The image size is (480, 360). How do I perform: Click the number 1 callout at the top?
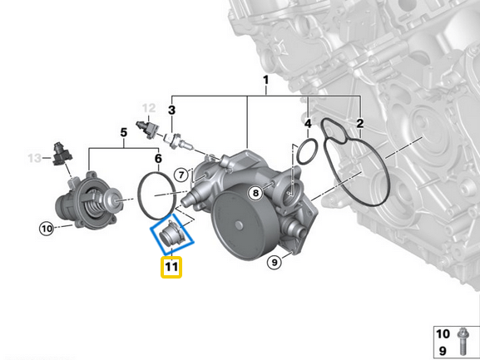pyautogui.click(x=265, y=81)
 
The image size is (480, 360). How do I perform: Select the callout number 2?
pyautogui.click(x=359, y=124)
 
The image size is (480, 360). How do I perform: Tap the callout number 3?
pyautogui.click(x=171, y=109)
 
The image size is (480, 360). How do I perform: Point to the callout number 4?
pyautogui.click(x=308, y=124)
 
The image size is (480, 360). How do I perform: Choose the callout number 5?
pyautogui.click(x=123, y=132)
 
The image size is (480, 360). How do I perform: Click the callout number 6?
pyautogui.click(x=158, y=158)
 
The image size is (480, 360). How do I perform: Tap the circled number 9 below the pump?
pyautogui.click(x=273, y=264)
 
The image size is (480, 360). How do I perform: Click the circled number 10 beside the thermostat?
pyautogui.click(x=46, y=227)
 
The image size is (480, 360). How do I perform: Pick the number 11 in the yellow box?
pyautogui.click(x=171, y=267)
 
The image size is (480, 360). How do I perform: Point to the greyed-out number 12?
pyautogui.click(x=148, y=108)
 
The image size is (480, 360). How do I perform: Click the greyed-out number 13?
pyautogui.click(x=34, y=158)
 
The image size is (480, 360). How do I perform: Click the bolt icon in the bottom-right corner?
pyautogui.click(x=463, y=341)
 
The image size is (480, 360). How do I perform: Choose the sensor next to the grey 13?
pyautogui.click(x=61, y=154)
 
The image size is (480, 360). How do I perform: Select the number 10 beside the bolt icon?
pyautogui.click(x=443, y=333)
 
